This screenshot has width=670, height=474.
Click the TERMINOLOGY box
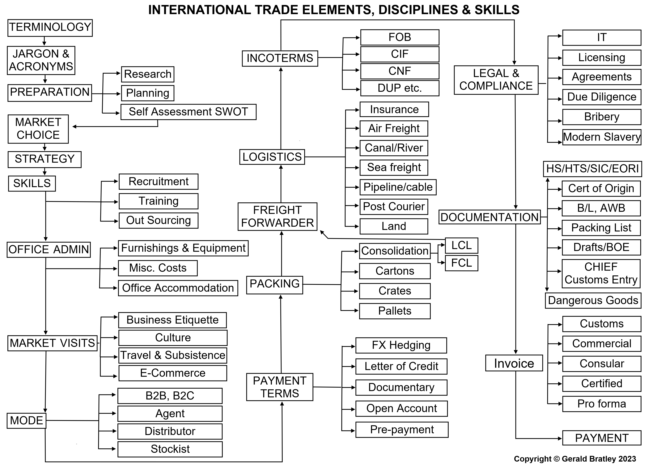pos(50,28)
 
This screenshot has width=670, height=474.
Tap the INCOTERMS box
pos(280,58)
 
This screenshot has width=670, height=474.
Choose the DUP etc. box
pos(400,88)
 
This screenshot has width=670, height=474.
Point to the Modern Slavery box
pos(601,137)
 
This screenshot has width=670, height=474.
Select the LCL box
pos(461,245)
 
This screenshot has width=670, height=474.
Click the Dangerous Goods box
pos(593,300)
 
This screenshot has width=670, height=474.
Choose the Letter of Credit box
pos(401,366)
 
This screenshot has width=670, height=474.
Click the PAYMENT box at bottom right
pos(601,438)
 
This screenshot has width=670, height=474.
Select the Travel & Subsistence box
pos(173,355)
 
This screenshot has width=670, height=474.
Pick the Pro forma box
pos(601,404)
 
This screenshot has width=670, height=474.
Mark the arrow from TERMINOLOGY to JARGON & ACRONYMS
pos(44,41)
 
